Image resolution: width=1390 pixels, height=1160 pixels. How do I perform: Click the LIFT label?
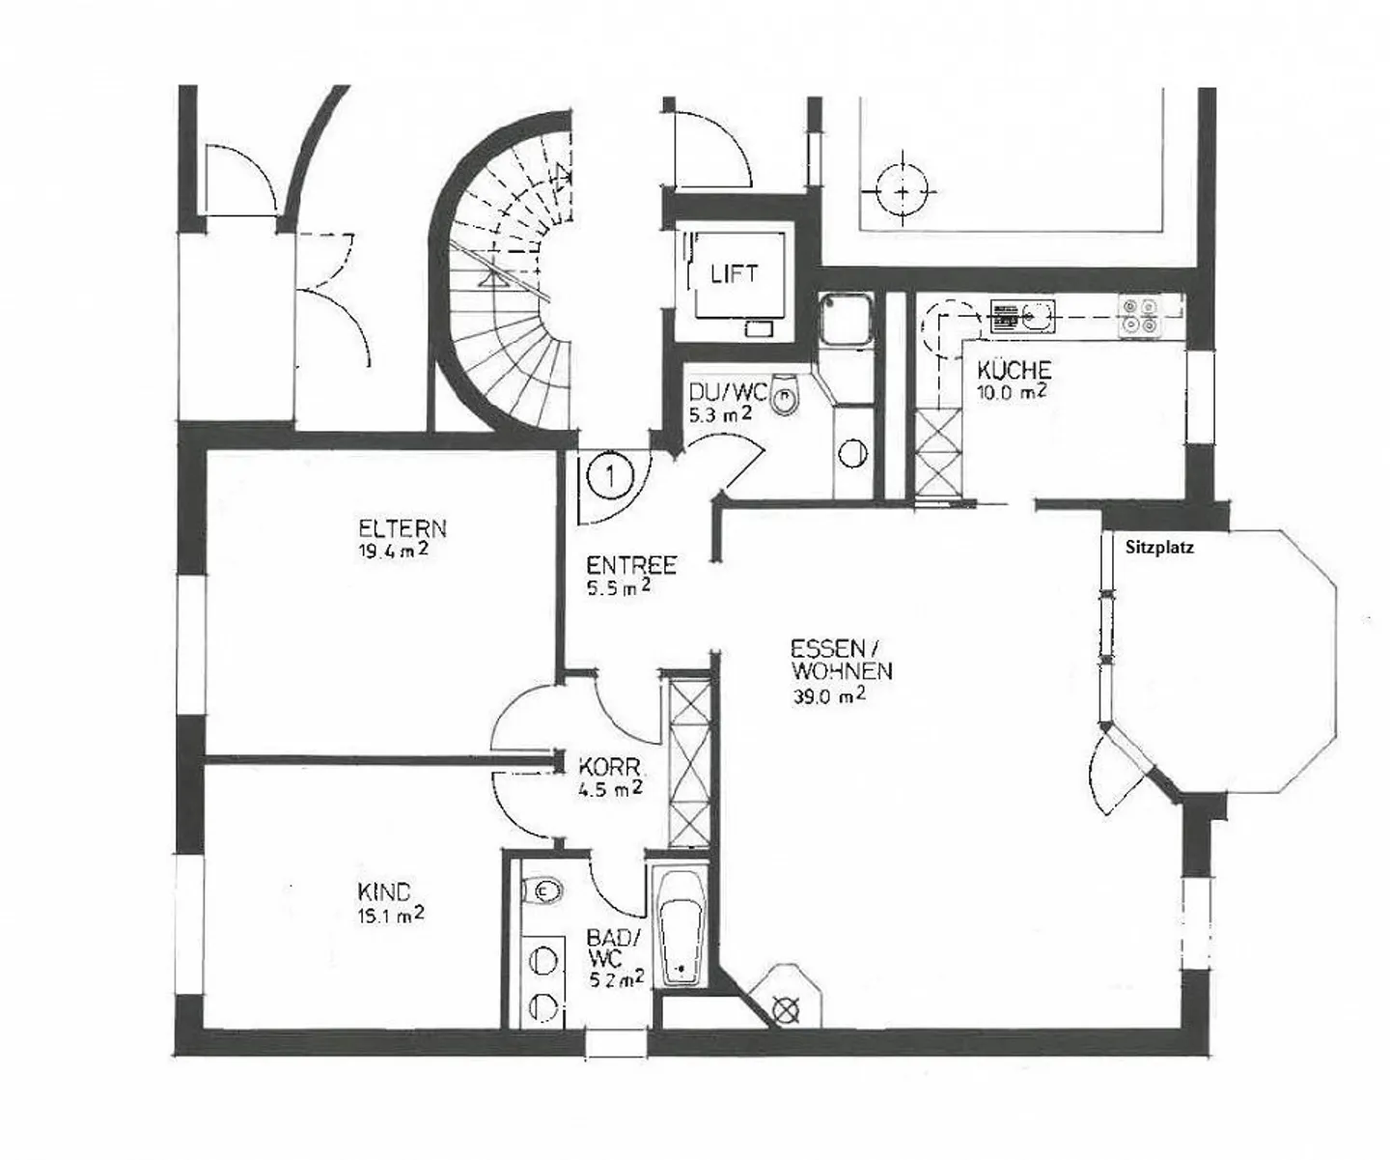pyautogui.click(x=734, y=274)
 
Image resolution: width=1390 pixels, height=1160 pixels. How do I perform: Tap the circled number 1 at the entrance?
pyautogui.click(x=610, y=476)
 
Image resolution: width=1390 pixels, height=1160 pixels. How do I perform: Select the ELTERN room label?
pyautogui.click(x=403, y=528)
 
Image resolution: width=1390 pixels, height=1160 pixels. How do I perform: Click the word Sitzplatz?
pyautogui.click(x=1159, y=548)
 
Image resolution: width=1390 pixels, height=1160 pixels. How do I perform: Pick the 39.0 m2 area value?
pyautogui.click(x=829, y=696)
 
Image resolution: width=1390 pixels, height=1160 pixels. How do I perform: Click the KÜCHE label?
pyautogui.click(x=1014, y=369)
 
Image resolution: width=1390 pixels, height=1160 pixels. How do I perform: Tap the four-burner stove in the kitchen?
pyautogui.click(x=1139, y=316)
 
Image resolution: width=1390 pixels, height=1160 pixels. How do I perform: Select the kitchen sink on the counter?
pyautogui.click(x=1022, y=316)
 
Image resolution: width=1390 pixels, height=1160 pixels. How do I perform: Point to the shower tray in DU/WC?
pyautogui.click(x=846, y=321)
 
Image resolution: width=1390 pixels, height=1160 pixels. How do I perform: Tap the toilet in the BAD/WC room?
pyautogui.click(x=542, y=890)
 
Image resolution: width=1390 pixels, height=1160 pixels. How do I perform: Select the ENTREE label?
pyautogui.click(x=630, y=565)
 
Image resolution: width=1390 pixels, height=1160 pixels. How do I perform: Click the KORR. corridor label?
pyautogui.click(x=609, y=767)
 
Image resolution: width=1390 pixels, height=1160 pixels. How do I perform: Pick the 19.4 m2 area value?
pyautogui.click(x=393, y=551)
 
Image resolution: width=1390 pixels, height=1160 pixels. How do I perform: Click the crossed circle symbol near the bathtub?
pyautogui.click(x=787, y=1011)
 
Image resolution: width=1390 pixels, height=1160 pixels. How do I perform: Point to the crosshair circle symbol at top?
pyautogui.click(x=902, y=192)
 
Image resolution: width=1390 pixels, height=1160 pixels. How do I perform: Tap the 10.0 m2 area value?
pyautogui.click(x=1011, y=392)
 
